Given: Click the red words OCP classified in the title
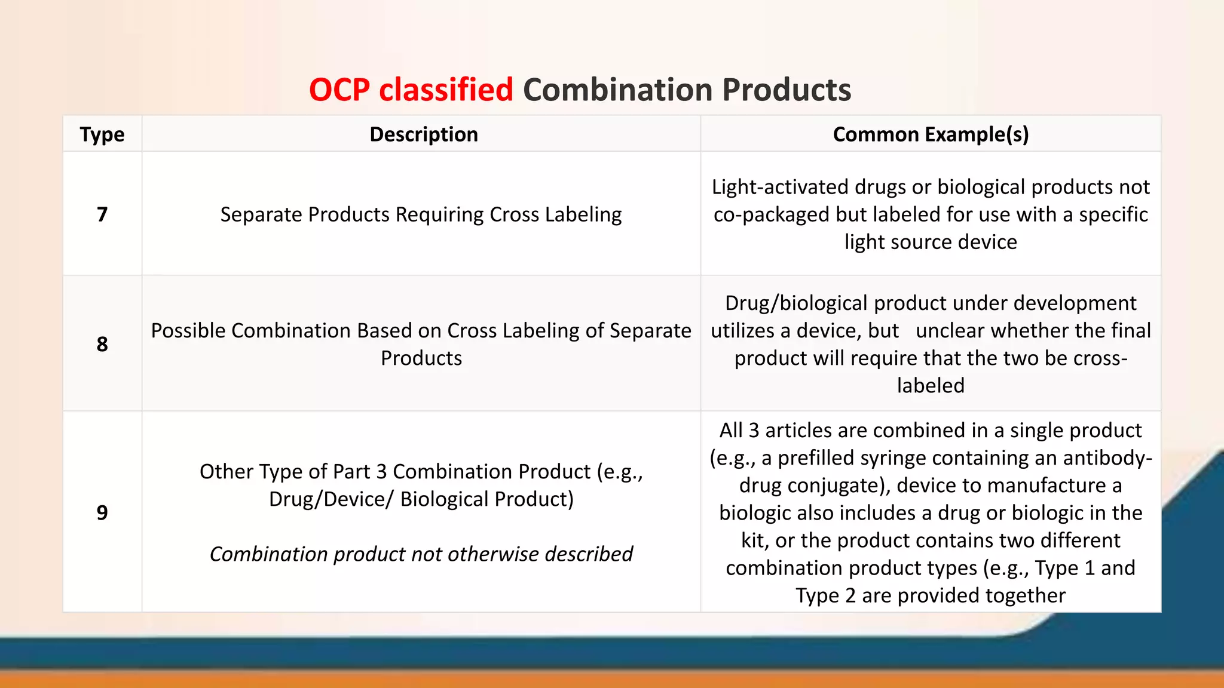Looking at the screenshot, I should [411, 90].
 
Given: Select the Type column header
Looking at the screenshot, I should [102, 134].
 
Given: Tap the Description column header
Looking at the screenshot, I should [423, 134].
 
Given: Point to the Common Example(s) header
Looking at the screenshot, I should [931, 134].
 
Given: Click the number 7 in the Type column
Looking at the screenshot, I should [102, 214].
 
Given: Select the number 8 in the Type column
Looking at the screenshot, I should [102, 344].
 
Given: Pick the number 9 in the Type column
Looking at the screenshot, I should [102, 512].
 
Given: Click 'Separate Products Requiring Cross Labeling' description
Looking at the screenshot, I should [421, 214].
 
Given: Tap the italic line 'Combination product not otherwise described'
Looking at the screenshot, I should [421, 554].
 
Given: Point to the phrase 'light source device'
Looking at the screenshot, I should [931, 242].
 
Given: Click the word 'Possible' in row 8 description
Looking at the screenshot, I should [188, 331].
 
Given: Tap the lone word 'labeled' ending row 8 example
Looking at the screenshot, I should [931, 386].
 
